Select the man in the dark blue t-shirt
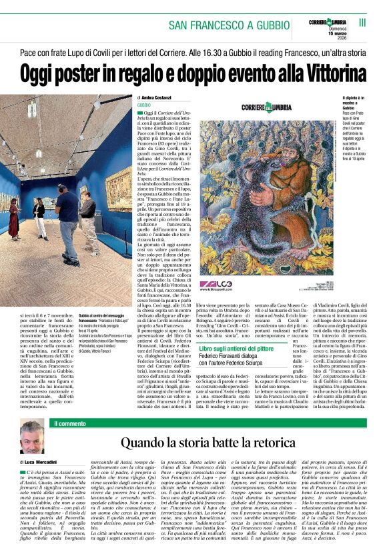[x=67, y=213]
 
